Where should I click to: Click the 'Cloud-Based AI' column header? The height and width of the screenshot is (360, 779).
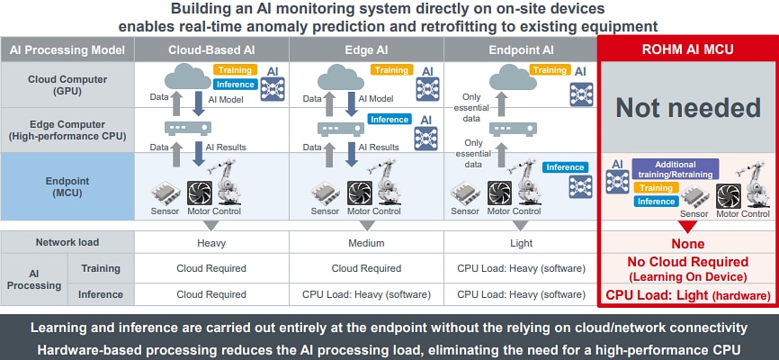point(211,49)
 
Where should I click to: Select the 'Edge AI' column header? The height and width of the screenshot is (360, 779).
point(366,49)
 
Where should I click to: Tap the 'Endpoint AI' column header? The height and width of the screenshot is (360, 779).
point(520,49)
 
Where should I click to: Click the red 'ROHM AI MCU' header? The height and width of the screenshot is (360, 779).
point(689,49)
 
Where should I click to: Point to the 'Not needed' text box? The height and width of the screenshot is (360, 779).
point(689,109)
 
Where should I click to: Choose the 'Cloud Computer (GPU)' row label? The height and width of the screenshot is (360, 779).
point(67,85)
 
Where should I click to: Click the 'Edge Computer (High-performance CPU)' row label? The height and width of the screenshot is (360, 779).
point(67,130)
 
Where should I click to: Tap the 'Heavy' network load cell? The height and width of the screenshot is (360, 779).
point(211,243)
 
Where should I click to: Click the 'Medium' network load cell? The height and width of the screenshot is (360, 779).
point(366,243)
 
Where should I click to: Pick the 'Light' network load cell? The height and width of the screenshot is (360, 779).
point(520,243)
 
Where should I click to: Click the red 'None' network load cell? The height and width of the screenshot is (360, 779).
point(689,243)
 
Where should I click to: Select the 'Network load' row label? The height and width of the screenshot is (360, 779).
point(67,243)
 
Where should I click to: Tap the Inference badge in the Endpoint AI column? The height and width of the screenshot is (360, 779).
point(565,167)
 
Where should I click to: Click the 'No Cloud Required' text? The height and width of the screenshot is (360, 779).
point(689,262)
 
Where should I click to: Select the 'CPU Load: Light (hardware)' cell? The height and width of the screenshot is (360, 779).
point(689,295)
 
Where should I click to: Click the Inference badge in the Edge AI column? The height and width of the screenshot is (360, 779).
point(389,119)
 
